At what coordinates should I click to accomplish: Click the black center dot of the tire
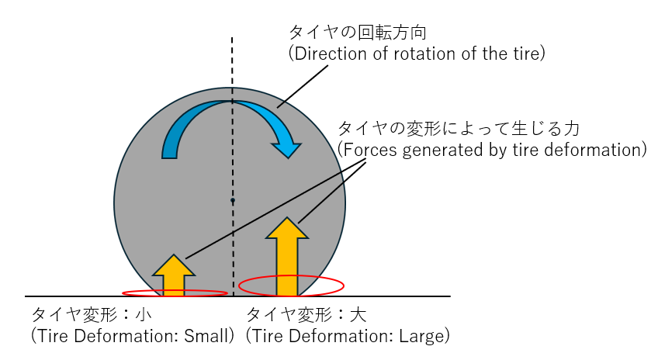click(x=232, y=200)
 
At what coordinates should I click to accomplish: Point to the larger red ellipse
click(x=290, y=286)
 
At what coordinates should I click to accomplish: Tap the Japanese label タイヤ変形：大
click(x=306, y=316)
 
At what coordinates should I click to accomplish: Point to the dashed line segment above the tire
click(x=232, y=62)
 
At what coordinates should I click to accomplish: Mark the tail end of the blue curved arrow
click(x=169, y=151)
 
